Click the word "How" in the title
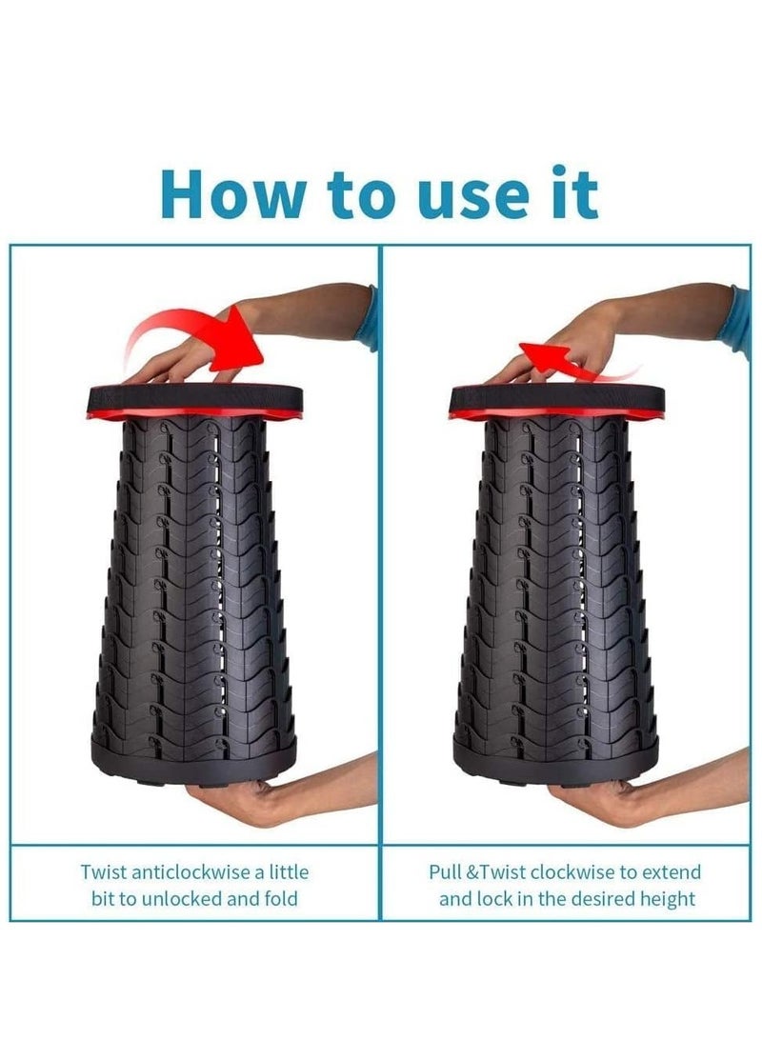pyautogui.click(x=232, y=193)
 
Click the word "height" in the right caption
pyautogui.click(x=668, y=899)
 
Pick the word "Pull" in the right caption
pyautogui.click(x=446, y=871)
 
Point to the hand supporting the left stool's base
pyautogui.click(x=239, y=799)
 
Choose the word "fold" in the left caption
pyautogui.click(x=281, y=899)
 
